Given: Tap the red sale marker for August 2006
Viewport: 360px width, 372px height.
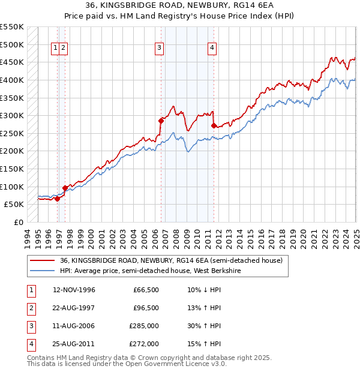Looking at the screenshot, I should pos(161,121).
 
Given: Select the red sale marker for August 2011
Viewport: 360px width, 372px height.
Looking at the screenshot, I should pos(214,125).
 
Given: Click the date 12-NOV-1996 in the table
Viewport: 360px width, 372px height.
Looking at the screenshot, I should pos(74,290).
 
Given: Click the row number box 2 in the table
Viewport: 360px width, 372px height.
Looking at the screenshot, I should pos(30,308).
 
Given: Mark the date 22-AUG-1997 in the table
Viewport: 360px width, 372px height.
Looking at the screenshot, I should pos(74,308).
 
